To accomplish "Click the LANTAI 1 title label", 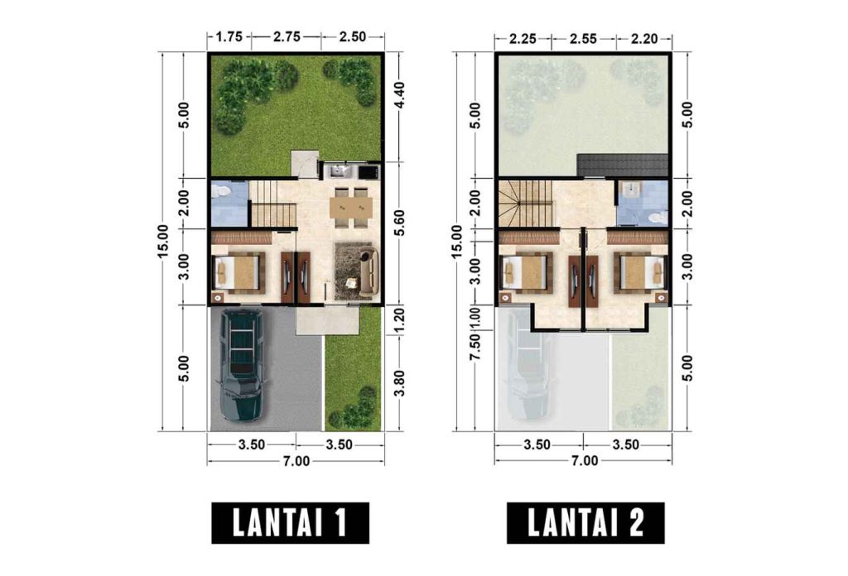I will tap(289, 522).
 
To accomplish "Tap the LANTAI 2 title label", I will tap(586, 522).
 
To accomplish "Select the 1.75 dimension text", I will tap(228, 36).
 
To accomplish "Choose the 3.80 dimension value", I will tap(400, 380).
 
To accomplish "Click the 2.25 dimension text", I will tap(525, 36).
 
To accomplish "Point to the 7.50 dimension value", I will tap(474, 348).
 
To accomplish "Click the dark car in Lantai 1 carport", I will tap(242, 364).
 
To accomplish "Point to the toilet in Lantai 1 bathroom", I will tap(222, 191).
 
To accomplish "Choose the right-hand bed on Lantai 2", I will tap(640, 271).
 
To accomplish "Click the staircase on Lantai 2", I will tap(525, 203).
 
